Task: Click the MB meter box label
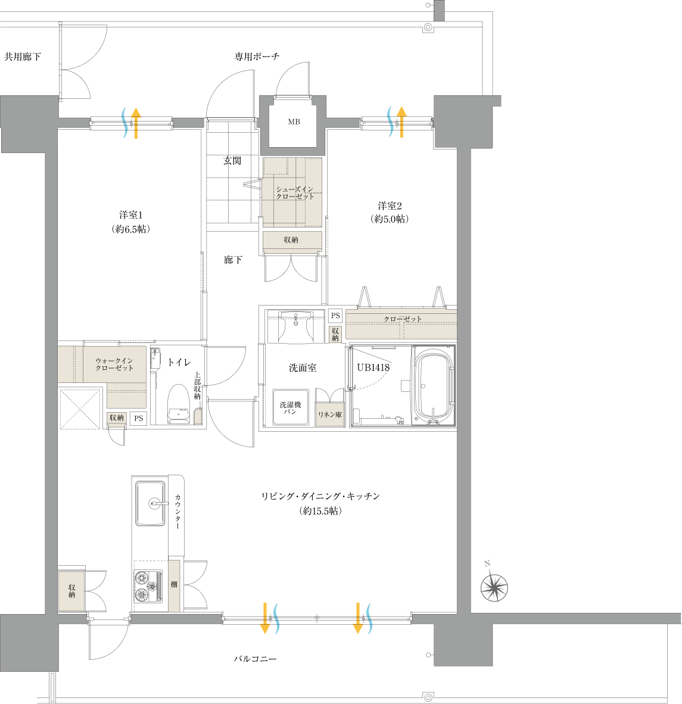(x=294, y=122)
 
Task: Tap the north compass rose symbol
(x=494, y=586)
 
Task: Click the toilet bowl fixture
(x=179, y=404)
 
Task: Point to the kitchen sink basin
(x=151, y=503)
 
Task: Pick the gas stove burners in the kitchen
(x=149, y=586)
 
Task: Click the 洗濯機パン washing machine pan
(x=291, y=407)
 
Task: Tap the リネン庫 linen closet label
(x=330, y=415)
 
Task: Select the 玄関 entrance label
(x=232, y=160)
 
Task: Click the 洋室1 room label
(x=130, y=215)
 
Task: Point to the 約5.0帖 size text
(x=390, y=219)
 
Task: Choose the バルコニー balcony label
(x=255, y=659)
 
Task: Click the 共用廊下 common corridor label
(x=23, y=57)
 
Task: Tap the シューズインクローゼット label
(x=295, y=192)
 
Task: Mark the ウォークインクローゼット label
(x=114, y=364)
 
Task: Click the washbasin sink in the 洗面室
(x=295, y=326)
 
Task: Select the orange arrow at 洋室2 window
(x=401, y=122)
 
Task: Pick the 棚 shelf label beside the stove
(x=174, y=584)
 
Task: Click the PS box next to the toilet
(x=139, y=419)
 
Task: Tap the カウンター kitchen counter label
(x=177, y=512)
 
